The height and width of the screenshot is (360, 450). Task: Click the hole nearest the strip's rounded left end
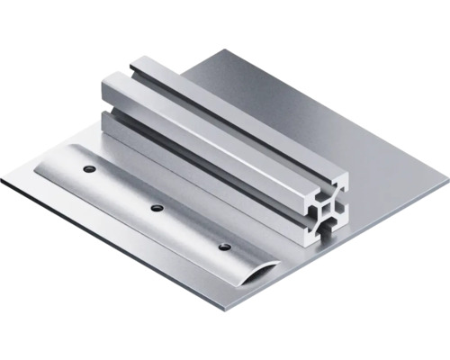click(88, 168)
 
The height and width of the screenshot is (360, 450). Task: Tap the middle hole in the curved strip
click(157, 208)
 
